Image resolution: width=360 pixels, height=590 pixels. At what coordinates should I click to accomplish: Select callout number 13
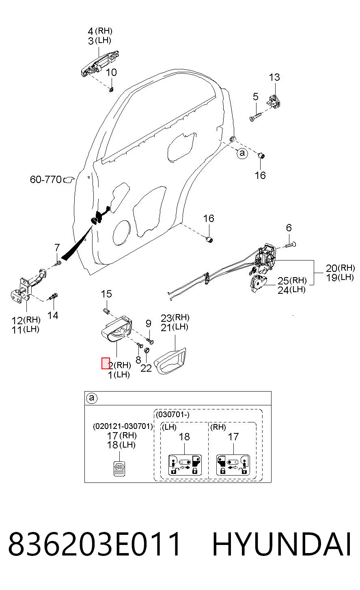pyautogui.click(x=274, y=77)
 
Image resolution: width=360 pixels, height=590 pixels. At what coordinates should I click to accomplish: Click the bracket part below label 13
pyautogui.click(x=274, y=102)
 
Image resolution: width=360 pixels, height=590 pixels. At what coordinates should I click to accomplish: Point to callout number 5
pyautogui.click(x=255, y=97)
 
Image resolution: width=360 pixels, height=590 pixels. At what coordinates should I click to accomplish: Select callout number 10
pyautogui.click(x=111, y=73)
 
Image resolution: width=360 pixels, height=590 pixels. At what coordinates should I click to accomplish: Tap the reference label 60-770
pyautogui.click(x=45, y=180)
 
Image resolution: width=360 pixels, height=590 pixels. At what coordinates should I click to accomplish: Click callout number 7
pyautogui.click(x=57, y=248)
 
